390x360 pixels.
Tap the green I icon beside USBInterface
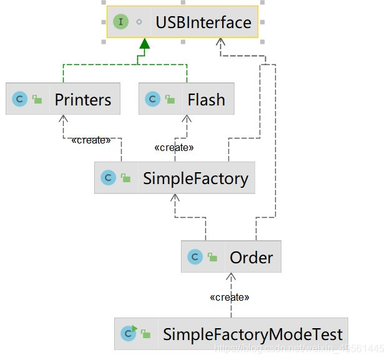(120, 22)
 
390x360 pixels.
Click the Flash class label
(206, 99)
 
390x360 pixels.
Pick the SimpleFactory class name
(195, 178)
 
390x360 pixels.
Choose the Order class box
(231, 256)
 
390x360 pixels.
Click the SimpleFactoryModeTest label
(253, 334)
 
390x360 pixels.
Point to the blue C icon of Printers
(20, 99)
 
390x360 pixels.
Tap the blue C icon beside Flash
(152, 99)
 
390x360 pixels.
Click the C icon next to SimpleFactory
(108, 178)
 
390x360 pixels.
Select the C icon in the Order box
(195, 256)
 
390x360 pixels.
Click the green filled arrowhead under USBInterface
(145, 44)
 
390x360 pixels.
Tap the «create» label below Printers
(91, 140)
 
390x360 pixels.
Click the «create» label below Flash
(174, 148)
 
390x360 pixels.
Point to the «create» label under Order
(230, 297)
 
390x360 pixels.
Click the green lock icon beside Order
(212, 257)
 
